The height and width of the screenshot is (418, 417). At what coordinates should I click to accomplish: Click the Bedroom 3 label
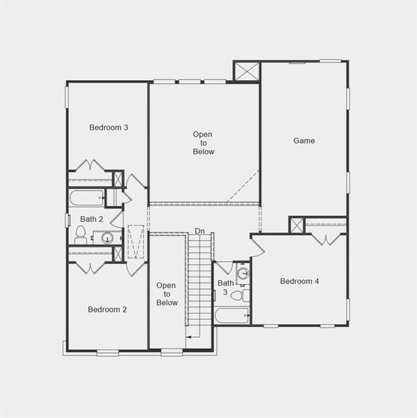click(108, 127)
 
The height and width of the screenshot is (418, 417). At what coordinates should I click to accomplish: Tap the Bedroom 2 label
click(107, 309)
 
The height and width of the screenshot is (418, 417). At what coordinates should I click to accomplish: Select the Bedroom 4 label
click(299, 281)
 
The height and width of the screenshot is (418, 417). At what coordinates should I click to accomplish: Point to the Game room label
click(303, 141)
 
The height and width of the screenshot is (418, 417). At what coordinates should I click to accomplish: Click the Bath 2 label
click(91, 219)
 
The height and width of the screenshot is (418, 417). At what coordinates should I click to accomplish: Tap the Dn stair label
click(200, 231)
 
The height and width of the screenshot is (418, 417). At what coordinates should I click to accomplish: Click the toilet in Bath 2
click(80, 235)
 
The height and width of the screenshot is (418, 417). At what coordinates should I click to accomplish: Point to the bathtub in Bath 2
click(87, 198)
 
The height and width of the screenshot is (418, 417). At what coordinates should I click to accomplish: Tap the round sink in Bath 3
click(243, 273)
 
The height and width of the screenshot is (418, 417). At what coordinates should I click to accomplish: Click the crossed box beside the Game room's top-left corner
click(247, 72)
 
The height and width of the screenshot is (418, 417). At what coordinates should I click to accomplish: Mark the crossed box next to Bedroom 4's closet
click(297, 225)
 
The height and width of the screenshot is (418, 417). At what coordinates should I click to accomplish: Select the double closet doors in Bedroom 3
click(90, 166)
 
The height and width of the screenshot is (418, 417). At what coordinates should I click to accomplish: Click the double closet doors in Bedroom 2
click(90, 268)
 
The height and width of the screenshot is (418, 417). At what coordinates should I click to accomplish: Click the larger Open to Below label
click(204, 143)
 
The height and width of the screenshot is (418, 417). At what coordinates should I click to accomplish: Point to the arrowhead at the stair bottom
click(188, 337)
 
